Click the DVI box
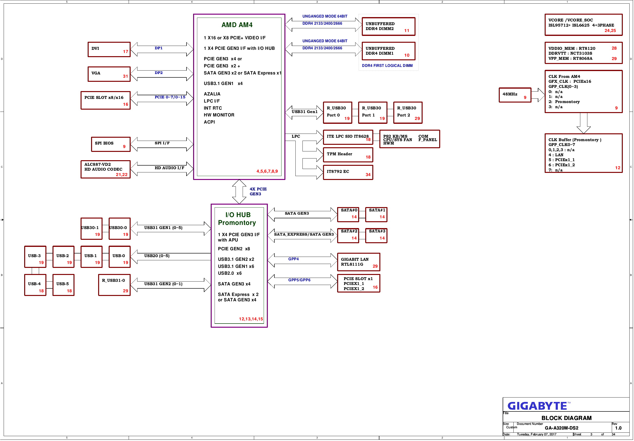[x=109, y=49]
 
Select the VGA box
[x=109, y=74]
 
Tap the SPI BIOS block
[x=111, y=144]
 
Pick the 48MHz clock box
[x=515, y=95]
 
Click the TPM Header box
[x=348, y=155]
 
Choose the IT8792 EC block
[x=348, y=172]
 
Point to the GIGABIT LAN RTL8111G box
[x=359, y=262]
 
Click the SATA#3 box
[x=376, y=236]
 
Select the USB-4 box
[x=35, y=285]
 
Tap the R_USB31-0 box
[x=114, y=285]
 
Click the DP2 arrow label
[x=158, y=73]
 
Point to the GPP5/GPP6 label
[x=299, y=280]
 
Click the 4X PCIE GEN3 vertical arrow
[x=239, y=192]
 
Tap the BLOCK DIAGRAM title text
[x=566, y=418]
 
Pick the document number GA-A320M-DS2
[x=561, y=428]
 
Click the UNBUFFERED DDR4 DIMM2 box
[x=388, y=27]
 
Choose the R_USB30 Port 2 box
[x=408, y=113]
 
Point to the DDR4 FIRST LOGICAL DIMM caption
[x=387, y=65]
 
